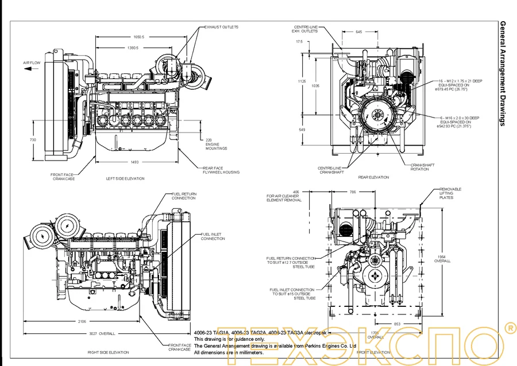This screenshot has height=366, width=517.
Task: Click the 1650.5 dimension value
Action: pyautogui.click(x=138, y=36)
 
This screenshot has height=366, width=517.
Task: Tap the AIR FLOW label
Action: pyautogui.click(x=31, y=62)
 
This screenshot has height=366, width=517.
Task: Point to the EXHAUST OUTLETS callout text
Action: pyautogui.click(x=221, y=27)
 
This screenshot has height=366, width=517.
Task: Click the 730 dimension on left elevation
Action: pyautogui.click(x=33, y=140)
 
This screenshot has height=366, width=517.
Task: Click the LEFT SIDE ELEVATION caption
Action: pyautogui.click(x=125, y=178)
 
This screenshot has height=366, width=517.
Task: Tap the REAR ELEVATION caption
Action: pyautogui.click(x=373, y=177)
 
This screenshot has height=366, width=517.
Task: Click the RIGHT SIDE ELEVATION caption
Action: pyautogui.click(x=109, y=352)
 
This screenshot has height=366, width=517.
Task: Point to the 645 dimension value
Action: pyautogui.click(x=358, y=32)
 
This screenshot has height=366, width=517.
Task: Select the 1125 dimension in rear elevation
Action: pyautogui.click(x=302, y=81)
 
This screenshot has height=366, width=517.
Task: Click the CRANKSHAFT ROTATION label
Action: pyautogui.click(x=422, y=167)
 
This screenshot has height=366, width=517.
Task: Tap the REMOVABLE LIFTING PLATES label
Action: pyautogui.click(x=450, y=193)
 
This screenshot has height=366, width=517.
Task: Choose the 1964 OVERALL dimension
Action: pyautogui.click(x=442, y=258)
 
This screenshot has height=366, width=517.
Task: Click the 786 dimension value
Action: pyautogui.click(x=353, y=192)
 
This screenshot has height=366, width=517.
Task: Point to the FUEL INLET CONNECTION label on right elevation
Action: pyautogui.click(x=213, y=236)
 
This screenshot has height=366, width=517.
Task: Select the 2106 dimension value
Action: pyautogui.click(x=82, y=321)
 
